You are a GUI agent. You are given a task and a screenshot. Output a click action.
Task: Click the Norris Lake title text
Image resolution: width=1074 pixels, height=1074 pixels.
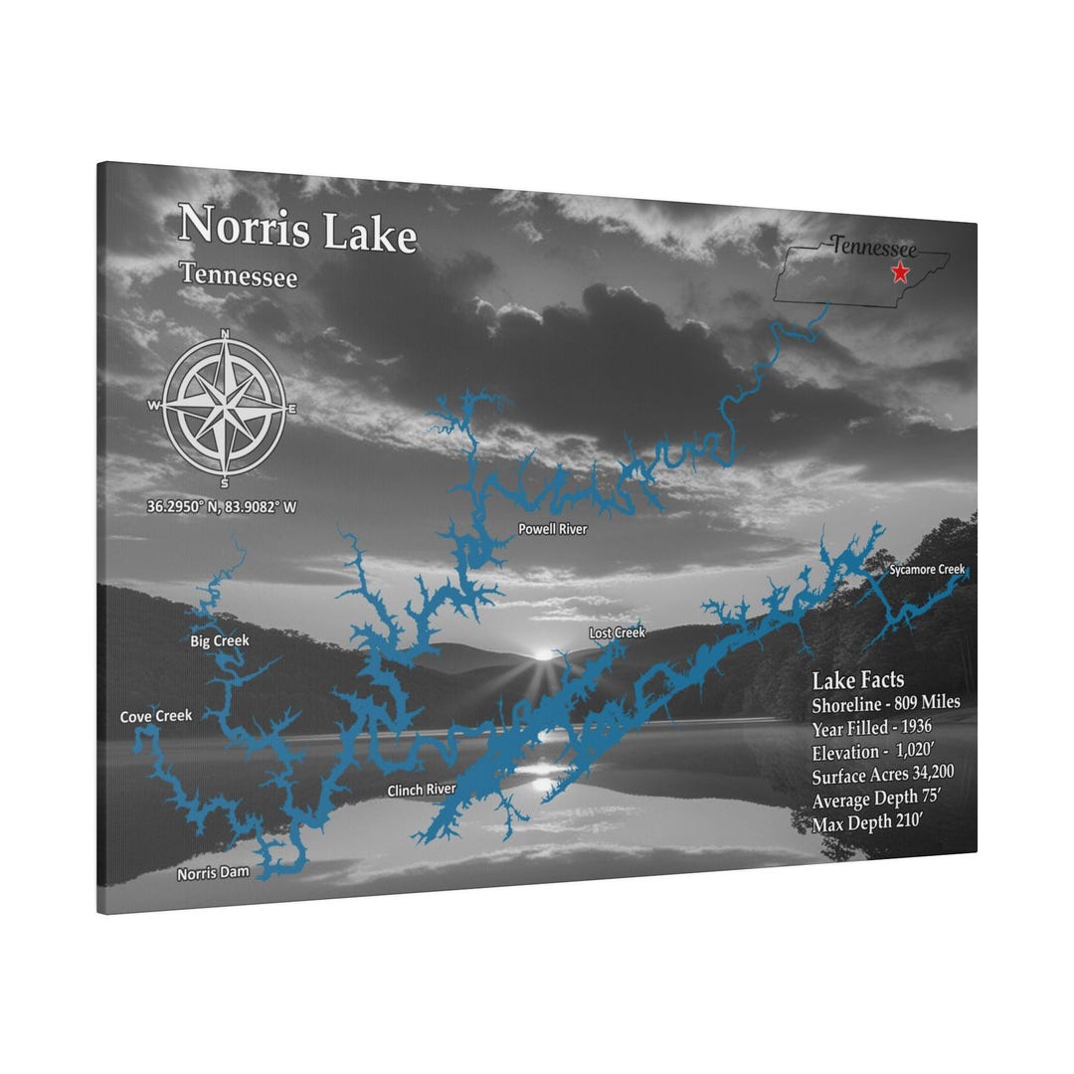(x=296, y=230)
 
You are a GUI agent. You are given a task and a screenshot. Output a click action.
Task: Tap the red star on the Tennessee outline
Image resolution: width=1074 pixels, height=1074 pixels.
(x=901, y=271)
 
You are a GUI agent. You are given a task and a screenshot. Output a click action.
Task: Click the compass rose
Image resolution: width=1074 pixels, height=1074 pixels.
(x=224, y=407)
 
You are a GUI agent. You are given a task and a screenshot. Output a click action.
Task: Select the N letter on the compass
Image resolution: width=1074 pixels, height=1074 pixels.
(x=225, y=333)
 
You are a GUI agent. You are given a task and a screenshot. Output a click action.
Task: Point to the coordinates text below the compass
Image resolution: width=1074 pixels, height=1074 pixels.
(x=222, y=506)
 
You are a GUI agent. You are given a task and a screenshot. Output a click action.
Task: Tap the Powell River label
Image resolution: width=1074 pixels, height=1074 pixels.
(x=552, y=529)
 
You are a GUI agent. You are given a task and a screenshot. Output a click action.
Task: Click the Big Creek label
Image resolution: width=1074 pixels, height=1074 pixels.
(x=220, y=640)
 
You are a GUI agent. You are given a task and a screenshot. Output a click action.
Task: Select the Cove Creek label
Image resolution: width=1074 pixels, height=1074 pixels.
(x=156, y=716)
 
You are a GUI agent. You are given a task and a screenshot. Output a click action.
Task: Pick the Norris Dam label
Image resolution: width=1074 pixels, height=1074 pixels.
(x=213, y=874)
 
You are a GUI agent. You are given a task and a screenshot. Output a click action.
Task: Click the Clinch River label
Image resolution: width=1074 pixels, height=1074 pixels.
(x=422, y=790)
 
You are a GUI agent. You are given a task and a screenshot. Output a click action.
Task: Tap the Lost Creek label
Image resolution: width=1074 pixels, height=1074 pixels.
(x=617, y=632)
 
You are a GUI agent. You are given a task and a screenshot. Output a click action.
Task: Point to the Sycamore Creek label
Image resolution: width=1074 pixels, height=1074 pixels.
(x=927, y=570)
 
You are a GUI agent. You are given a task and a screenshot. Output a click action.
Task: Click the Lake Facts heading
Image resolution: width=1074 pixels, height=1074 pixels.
(x=857, y=680)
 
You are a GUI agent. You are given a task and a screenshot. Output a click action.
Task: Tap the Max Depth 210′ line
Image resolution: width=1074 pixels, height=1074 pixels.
(x=867, y=823)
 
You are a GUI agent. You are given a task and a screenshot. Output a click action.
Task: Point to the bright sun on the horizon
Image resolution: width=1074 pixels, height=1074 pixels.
(x=542, y=655)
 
